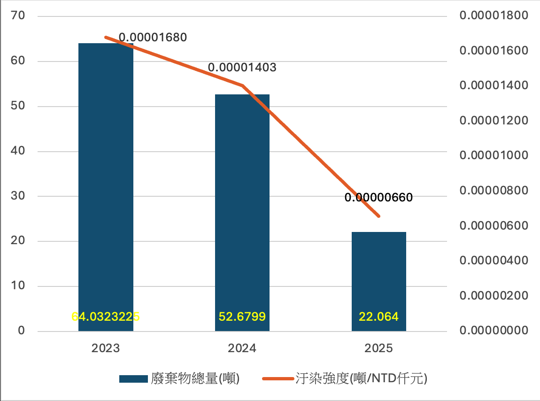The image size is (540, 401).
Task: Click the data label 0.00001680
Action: click(x=153, y=37)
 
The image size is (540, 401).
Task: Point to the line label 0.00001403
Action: click(x=242, y=68)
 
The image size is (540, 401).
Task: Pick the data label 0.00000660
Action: click(x=378, y=198)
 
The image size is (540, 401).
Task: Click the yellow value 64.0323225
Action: click(x=106, y=317)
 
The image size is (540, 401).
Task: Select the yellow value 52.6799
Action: click(x=242, y=317)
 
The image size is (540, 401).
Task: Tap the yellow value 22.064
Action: click(x=379, y=317)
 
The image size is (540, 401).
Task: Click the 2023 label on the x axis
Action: click(x=106, y=348)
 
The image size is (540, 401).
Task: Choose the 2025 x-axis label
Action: click(x=379, y=348)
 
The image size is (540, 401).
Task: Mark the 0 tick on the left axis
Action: click(x=21, y=331)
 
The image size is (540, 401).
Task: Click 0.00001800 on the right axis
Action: click(x=494, y=16)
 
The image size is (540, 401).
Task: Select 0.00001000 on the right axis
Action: click(x=494, y=155)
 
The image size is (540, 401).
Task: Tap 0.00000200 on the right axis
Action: click(x=494, y=295)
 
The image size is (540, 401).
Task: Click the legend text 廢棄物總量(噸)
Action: click(x=195, y=378)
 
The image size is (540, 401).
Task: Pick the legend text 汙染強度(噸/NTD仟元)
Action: click(x=362, y=378)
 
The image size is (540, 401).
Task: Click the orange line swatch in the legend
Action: click(x=278, y=378)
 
